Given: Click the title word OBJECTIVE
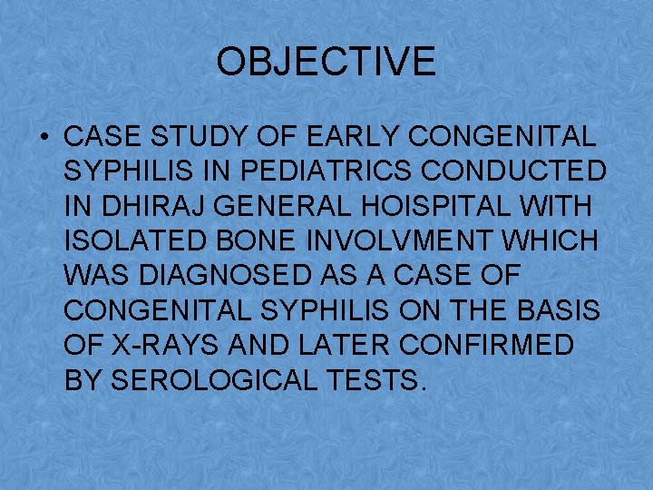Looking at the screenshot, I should pyautogui.click(x=326, y=63).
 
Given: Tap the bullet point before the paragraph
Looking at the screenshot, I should pyautogui.click(x=44, y=139).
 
